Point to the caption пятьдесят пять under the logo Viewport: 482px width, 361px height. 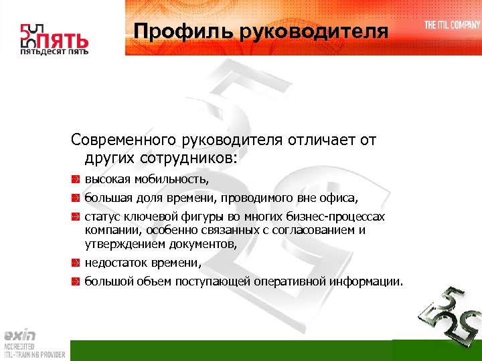click(x=54, y=51)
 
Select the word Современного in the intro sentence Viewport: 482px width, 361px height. click(x=123, y=141)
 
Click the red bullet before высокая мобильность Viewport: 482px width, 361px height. click(x=76, y=180)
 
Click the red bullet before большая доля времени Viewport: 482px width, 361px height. click(x=76, y=199)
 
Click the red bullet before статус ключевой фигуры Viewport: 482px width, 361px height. click(x=76, y=217)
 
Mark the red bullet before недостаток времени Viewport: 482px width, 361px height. click(x=76, y=263)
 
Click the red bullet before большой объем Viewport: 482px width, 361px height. click(x=76, y=281)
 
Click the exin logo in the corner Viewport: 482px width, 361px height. click(x=19, y=336)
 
